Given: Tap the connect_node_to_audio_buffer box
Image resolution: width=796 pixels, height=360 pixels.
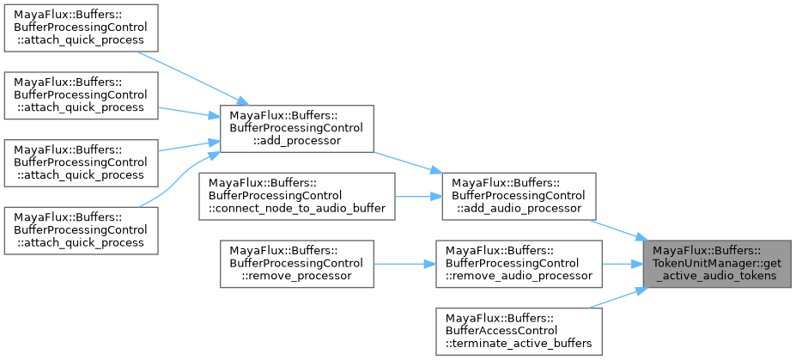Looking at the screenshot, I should [296, 196].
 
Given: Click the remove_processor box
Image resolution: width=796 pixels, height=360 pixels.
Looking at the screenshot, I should [296, 263].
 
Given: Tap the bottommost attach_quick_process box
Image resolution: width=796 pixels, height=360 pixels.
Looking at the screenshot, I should [81, 229].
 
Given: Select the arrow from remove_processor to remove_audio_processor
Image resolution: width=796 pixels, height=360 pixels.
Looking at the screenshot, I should [404, 263].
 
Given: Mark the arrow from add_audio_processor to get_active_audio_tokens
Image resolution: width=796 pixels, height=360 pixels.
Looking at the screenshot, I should [618, 228].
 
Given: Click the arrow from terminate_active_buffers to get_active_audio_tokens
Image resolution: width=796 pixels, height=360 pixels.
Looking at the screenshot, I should [618, 299].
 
